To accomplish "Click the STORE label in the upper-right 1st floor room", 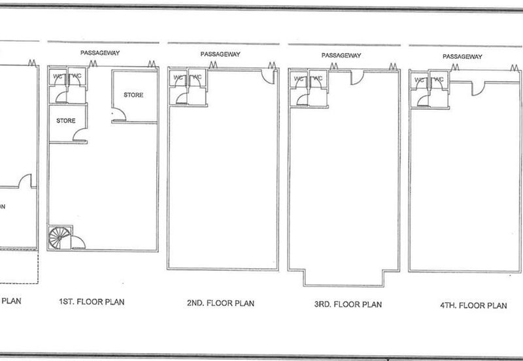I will pos(133,95).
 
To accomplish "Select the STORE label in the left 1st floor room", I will pos(66,121).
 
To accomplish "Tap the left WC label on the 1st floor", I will pos(58,77).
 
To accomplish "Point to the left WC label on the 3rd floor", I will pos(299,79).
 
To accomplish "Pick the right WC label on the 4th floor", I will pos(439,80).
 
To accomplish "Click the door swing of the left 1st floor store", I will pos(81,135).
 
